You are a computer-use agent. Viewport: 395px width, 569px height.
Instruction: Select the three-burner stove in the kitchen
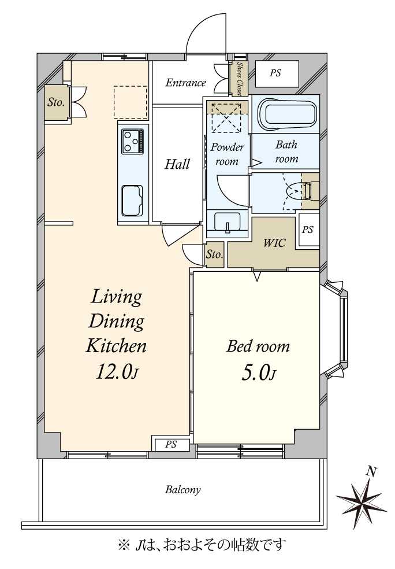[133, 141]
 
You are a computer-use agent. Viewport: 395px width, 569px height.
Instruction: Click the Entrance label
[185, 83]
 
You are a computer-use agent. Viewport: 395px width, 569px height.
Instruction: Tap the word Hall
[177, 164]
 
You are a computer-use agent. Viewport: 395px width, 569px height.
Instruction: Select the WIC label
[274, 243]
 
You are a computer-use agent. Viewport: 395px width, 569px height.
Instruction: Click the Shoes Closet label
[240, 79]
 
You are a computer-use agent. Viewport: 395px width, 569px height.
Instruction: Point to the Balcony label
[182, 490]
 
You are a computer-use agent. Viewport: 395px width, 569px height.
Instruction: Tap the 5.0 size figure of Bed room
[258, 372]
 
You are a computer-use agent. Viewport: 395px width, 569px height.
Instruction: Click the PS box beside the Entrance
[277, 73]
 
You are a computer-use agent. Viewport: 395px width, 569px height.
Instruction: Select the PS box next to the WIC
[307, 231]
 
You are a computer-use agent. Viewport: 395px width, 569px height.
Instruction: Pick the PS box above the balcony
[171, 445]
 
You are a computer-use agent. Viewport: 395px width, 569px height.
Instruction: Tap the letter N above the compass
[370, 472]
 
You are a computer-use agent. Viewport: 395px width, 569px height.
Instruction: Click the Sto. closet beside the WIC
[214, 255]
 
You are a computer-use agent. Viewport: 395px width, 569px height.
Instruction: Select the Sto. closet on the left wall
[56, 102]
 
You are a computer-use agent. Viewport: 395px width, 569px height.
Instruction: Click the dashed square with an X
[226, 118]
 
